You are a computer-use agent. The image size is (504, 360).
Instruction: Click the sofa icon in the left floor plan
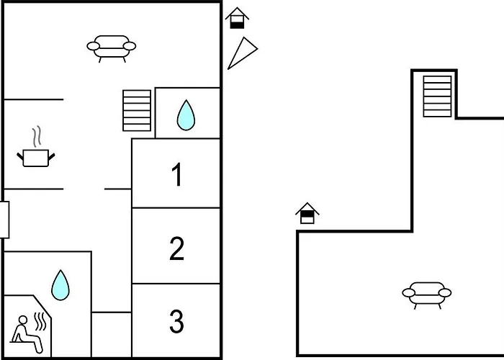(x=111, y=48)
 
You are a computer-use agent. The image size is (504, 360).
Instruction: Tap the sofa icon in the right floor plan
(x=426, y=295)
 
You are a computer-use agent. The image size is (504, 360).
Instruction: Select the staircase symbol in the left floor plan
(x=137, y=111)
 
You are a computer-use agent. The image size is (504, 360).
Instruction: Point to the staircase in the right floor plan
(x=437, y=96)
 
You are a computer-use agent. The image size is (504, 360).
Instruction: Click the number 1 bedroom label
(x=177, y=174)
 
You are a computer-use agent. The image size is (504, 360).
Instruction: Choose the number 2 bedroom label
(x=176, y=248)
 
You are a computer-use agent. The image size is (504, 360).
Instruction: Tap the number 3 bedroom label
(x=176, y=321)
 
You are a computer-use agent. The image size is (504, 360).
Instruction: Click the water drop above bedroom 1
(x=186, y=115)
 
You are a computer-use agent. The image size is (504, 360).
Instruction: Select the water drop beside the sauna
(x=60, y=285)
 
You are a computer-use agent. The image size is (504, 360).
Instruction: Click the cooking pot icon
(x=36, y=158)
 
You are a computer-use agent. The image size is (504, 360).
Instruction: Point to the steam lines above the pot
(x=37, y=136)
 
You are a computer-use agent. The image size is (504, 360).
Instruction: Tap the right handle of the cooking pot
(x=51, y=156)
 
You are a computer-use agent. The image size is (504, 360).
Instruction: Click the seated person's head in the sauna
(x=23, y=320)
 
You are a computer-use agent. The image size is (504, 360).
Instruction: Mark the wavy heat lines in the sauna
(x=40, y=321)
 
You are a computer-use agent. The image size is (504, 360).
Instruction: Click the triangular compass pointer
(x=243, y=53)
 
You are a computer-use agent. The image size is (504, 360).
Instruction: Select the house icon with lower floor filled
(x=237, y=18)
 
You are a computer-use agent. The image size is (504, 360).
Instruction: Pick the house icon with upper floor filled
(x=307, y=213)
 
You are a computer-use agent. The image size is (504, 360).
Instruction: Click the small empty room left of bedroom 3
(x=112, y=334)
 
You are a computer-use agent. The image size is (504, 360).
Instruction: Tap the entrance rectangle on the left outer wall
(x=4, y=220)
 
